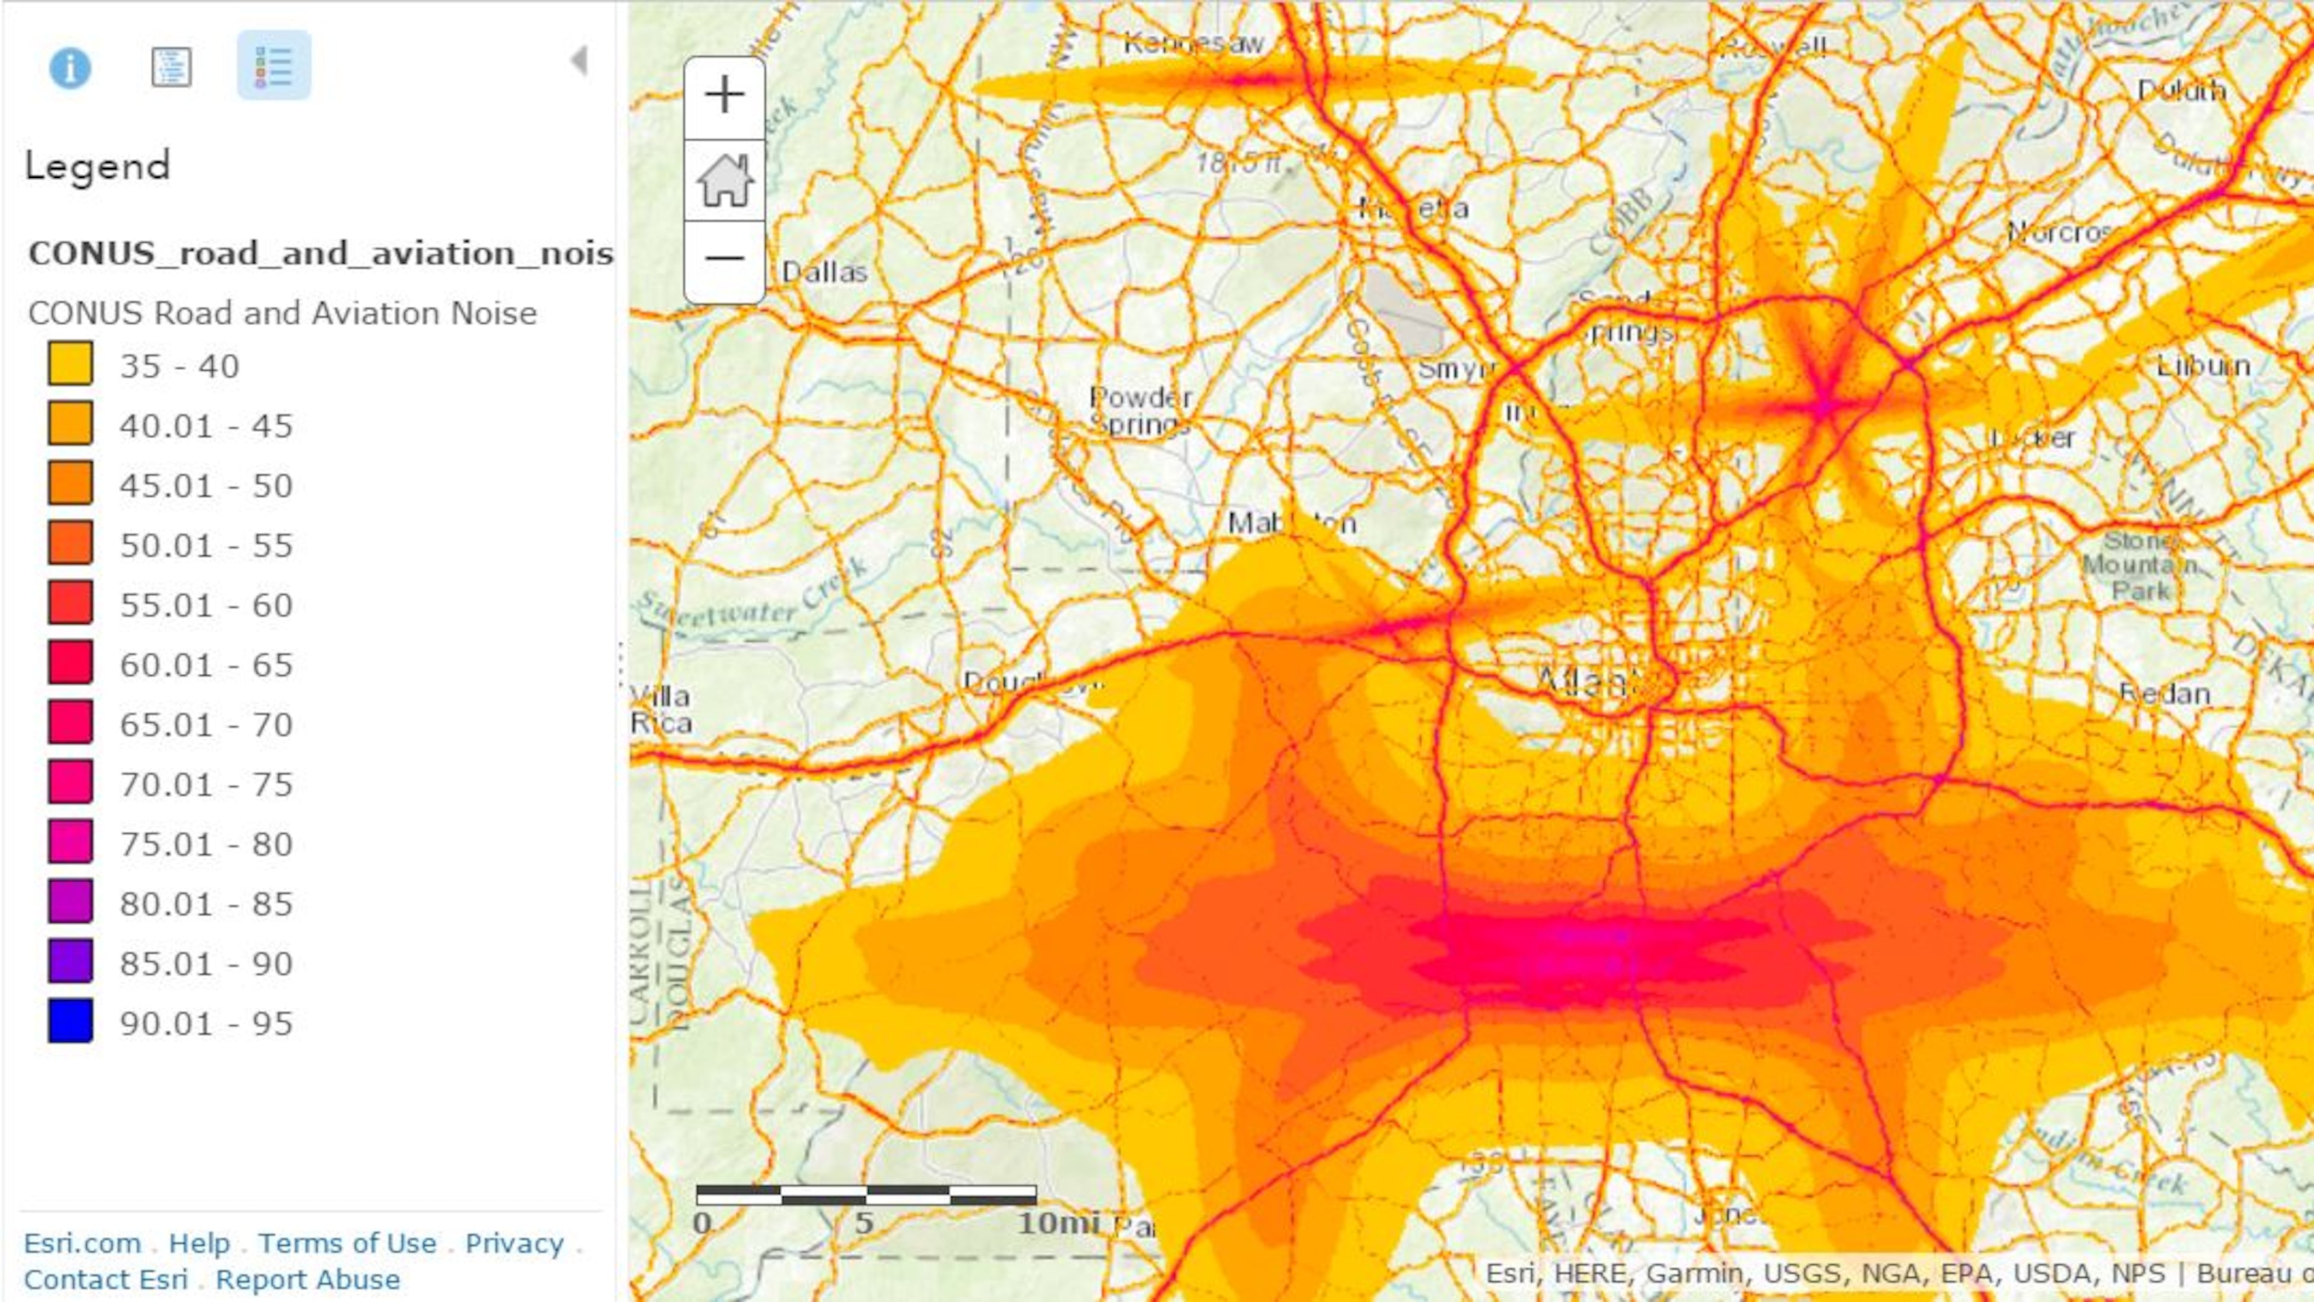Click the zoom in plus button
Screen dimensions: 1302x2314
pyautogui.click(x=724, y=95)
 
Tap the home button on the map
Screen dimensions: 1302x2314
pyautogui.click(x=724, y=180)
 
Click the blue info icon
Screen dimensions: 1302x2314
pyautogui.click(x=70, y=68)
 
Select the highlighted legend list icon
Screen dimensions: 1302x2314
pyautogui.click(x=274, y=66)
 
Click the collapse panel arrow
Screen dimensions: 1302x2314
pyautogui.click(x=579, y=61)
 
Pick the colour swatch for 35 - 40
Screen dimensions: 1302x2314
pyautogui.click(x=70, y=364)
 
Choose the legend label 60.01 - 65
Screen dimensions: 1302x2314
pyautogui.click(x=205, y=665)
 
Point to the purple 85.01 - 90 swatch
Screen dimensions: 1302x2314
pyautogui.click(x=70, y=961)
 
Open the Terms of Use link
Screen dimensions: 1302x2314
pyautogui.click(x=346, y=1243)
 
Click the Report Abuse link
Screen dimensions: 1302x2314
pyautogui.click(x=307, y=1280)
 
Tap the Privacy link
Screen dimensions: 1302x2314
pyautogui.click(x=514, y=1243)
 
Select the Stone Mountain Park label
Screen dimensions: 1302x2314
pyautogui.click(x=2140, y=565)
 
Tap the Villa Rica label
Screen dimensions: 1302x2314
pyautogui.click(x=661, y=709)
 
